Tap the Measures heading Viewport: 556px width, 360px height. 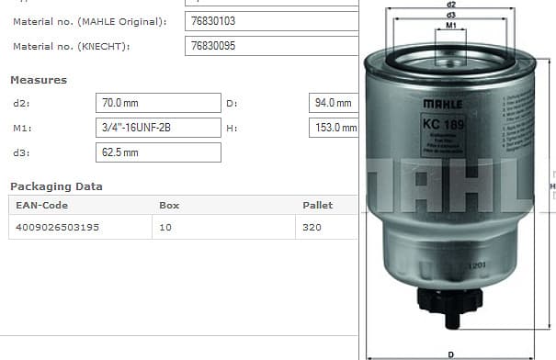38,80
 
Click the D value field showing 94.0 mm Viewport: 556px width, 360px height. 334,103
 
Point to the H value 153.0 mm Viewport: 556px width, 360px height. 335,128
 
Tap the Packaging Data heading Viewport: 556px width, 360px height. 56,186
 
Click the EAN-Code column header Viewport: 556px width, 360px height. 42,205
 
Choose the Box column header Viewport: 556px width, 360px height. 169,205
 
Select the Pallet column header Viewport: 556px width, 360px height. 317,205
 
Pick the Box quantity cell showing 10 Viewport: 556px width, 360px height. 165,226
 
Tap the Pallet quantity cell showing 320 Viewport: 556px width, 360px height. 312,226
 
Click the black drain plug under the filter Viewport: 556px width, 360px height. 450,303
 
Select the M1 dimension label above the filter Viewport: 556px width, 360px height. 451,27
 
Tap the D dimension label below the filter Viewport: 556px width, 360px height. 450,354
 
